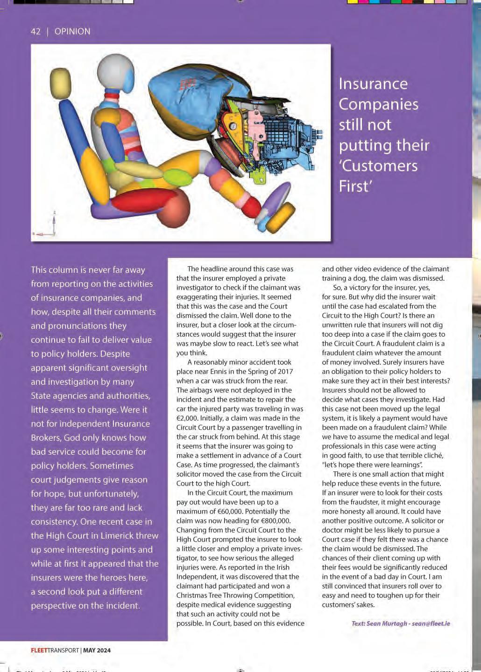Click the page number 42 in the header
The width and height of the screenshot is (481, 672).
pos(35,32)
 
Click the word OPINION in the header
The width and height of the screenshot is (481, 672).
pos(72,32)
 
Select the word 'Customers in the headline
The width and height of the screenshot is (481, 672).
pos(378,166)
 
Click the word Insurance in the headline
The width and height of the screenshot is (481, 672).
pos(373,84)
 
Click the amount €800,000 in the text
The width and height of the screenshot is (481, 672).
pos(273,521)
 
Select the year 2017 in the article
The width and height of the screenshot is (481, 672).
pos(283,372)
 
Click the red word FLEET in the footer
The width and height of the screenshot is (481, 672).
pos(39,651)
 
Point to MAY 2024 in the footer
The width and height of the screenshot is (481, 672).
pos(97,651)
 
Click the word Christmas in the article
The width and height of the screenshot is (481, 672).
pos(193,596)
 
